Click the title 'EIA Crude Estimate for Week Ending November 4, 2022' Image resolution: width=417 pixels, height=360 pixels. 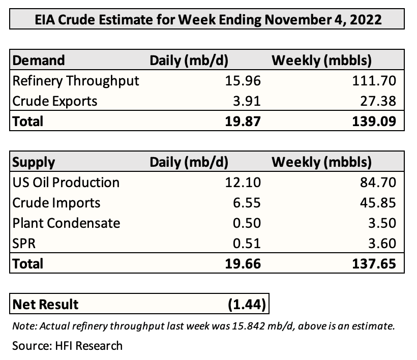207,20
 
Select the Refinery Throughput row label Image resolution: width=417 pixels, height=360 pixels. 75,80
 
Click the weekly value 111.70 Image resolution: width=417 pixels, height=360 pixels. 376,80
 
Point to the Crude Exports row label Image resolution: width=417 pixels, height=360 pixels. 54,101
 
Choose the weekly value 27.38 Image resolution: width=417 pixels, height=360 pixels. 379,101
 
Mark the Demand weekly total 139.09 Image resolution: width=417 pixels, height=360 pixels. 376,121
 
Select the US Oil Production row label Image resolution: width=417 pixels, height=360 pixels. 66,182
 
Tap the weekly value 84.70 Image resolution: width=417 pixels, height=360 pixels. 379,182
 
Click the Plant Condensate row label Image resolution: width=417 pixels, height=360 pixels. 66,223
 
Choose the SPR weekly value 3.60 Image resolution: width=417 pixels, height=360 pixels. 382,244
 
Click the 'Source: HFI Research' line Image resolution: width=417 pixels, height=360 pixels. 67,346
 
